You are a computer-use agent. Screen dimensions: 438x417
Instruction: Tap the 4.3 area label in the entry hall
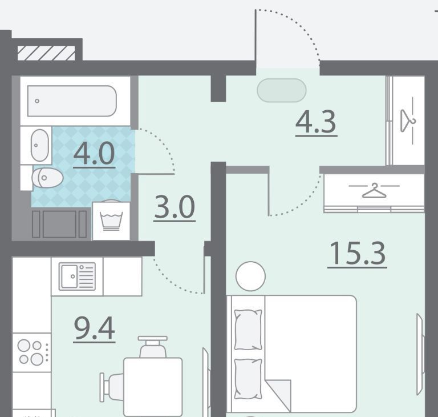pos(316,122)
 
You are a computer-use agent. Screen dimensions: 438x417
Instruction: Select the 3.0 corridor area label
pos(175,207)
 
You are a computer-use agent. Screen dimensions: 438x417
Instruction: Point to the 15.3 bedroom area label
pos(357,254)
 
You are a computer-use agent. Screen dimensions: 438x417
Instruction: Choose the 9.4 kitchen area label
pos(95,328)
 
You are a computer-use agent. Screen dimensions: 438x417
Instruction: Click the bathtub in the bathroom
pos(72,101)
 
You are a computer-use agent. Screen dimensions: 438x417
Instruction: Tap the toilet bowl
pos(47,178)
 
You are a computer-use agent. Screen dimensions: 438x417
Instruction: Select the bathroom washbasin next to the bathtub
pos(40,145)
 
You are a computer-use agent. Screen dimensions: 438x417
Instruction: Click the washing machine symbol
pos(111,221)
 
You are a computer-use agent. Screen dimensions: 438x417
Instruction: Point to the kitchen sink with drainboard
pos(77,276)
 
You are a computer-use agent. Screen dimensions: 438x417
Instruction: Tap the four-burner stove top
pos(32,352)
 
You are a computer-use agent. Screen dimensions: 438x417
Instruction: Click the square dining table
pos(153,387)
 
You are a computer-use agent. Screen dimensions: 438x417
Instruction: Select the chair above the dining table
pos(153,347)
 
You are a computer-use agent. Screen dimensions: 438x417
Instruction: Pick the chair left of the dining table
pos(112,387)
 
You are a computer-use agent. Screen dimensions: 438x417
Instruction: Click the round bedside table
pos(250,276)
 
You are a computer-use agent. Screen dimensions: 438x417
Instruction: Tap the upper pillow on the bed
pos(248,330)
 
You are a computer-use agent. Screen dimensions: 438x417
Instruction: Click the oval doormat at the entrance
pos(282,90)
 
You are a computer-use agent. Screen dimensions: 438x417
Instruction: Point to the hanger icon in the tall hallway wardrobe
pos(408,121)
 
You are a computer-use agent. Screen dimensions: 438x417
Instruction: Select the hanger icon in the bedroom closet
pos(374,191)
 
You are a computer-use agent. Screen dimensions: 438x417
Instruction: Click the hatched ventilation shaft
pos(46,53)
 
